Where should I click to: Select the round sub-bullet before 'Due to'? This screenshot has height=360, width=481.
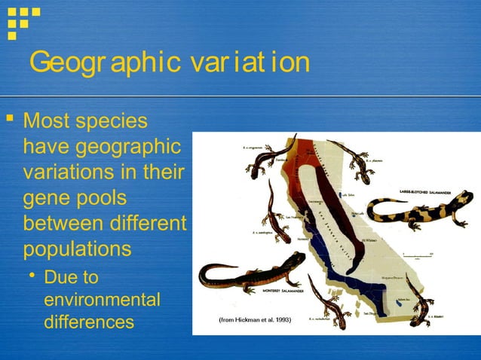pos(32,277)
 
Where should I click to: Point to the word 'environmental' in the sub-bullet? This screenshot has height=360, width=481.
pos(102,300)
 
